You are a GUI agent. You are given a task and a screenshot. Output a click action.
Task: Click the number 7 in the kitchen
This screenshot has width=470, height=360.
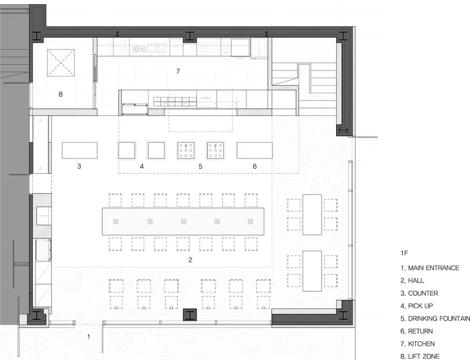click(x=178, y=71)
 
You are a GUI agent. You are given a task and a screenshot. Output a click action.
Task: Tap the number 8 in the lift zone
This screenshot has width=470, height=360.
click(x=61, y=95)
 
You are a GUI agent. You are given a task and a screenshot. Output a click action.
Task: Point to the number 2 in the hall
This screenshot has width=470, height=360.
click(x=190, y=260)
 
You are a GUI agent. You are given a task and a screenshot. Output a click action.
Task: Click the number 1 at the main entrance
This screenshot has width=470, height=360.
click(x=89, y=337)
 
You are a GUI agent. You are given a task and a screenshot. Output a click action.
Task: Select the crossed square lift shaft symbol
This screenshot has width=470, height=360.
click(x=61, y=63)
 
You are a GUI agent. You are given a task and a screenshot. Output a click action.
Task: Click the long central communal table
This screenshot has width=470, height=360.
click(x=183, y=221)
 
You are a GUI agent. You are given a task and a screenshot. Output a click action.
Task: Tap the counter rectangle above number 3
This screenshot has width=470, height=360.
click(x=80, y=150)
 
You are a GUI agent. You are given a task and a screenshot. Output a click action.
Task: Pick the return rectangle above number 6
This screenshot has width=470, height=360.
click(x=255, y=150)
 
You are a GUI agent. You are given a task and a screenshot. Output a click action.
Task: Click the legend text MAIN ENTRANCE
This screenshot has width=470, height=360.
click(x=434, y=268)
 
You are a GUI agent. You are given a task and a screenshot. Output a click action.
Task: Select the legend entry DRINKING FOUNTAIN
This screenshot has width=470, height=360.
click(x=439, y=318)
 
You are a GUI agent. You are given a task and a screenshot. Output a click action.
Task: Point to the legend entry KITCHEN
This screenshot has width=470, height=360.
click(x=421, y=344)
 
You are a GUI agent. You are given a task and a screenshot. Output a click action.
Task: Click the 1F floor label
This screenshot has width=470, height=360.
click(x=404, y=253)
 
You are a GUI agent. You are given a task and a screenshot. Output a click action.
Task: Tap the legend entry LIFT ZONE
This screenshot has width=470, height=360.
click(x=424, y=356)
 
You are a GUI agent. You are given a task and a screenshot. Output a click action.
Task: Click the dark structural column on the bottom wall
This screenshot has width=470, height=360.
click(x=190, y=315)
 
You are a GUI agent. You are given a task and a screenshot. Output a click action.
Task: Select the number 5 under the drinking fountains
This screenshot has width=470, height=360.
click(x=200, y=166)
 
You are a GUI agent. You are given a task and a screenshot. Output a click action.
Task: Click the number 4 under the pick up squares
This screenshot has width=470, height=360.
click(x=142, y=166)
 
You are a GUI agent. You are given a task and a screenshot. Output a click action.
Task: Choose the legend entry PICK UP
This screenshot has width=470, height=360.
click(x=421, y=306)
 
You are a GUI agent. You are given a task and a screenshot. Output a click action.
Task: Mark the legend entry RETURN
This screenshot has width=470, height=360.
click(x=421, y=331)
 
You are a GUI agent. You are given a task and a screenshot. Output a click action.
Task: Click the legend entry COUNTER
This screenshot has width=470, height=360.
click(x=423, y=293)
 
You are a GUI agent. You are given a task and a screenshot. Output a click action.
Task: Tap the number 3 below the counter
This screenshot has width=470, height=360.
click(x=79, y=166)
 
